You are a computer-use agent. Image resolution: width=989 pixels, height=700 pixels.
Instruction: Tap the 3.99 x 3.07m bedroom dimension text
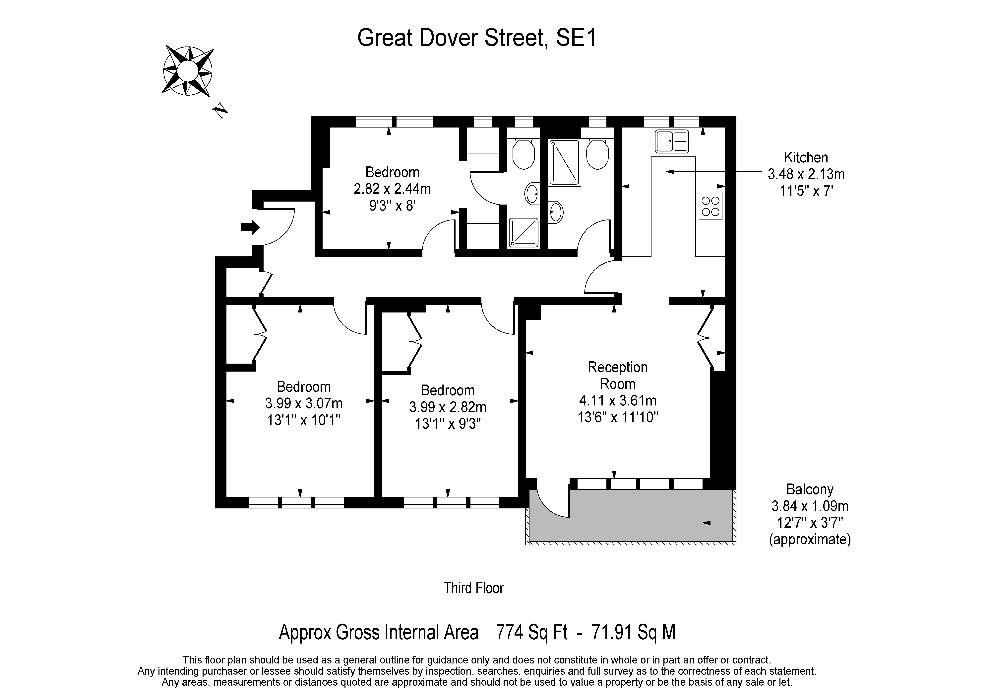[x=304, y=403]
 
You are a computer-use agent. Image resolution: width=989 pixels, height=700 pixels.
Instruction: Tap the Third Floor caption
[x=473, y=588]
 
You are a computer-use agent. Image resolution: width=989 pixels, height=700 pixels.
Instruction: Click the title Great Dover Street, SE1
[x=477, y=38]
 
